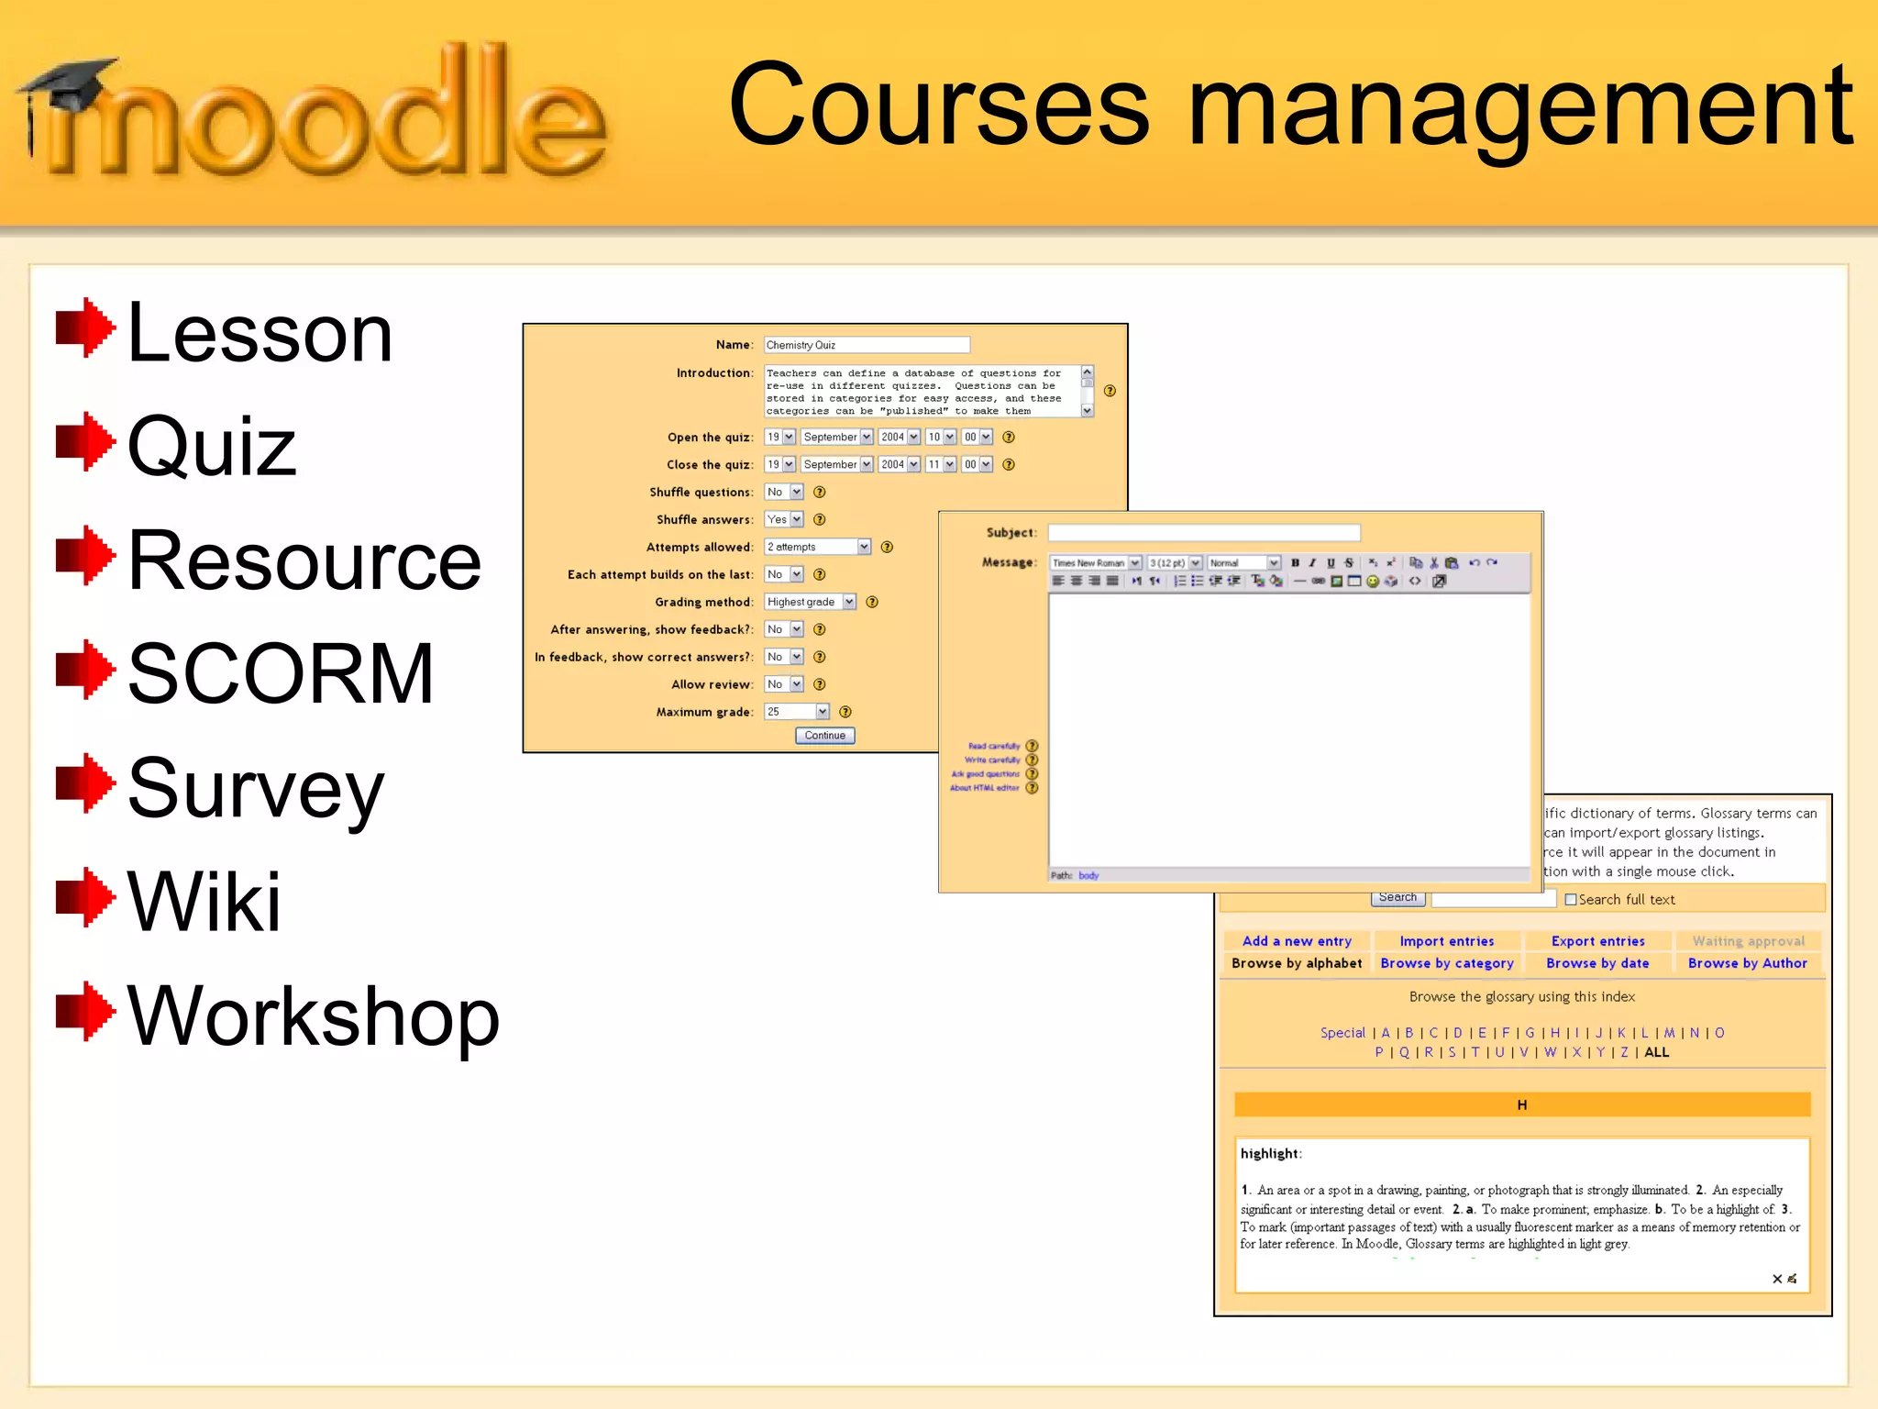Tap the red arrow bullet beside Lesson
[84, 327]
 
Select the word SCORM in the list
[281, 674]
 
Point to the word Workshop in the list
[313, 1015]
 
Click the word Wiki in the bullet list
[204, 902]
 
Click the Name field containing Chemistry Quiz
[866, 345]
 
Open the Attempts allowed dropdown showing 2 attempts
[817, 547]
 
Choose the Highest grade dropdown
[810, 602]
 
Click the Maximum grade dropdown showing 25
[796, 712]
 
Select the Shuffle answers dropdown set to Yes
[784, 519]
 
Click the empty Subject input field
[1203, 533]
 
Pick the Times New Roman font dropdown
[1095, 562]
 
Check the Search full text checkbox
[1571, 900]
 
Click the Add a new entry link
[1296, 941]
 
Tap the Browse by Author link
[1747, 963]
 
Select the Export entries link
[1597, 941]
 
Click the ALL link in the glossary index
[1656, 1052]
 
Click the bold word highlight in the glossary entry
[1269, 1154]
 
